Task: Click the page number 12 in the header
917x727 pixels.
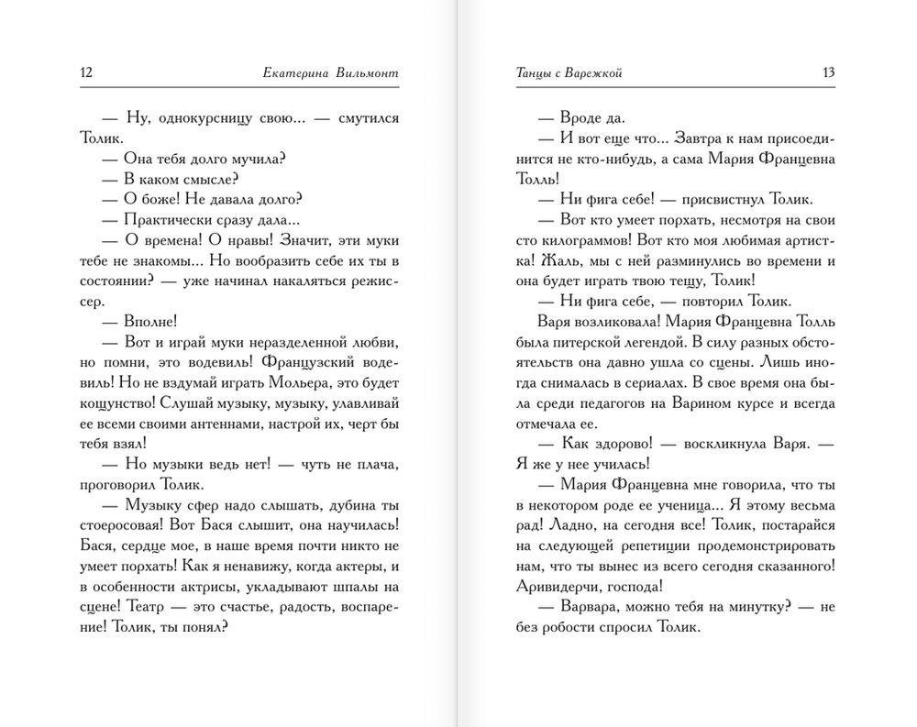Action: tap(88, 73)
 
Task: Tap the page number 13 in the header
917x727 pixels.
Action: tap(828, 73)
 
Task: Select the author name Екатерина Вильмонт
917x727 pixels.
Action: tap(332, 73)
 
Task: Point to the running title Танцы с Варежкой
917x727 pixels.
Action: tap(565, 73)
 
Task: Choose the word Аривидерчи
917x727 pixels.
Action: tap(558, 586)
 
